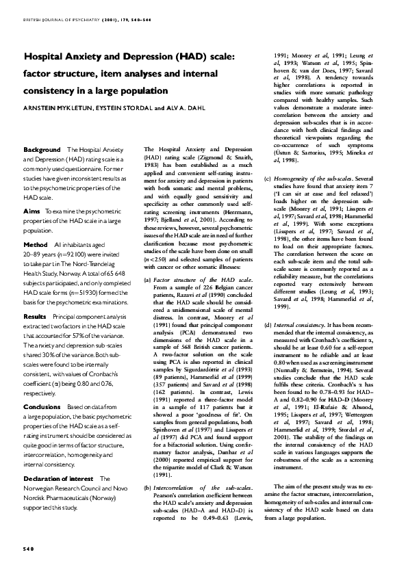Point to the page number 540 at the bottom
point(28,549)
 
